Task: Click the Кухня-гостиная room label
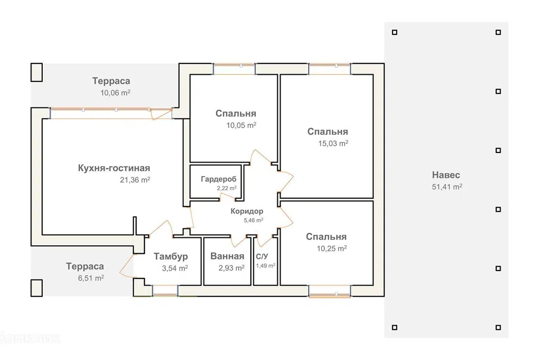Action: (x=114, y=168)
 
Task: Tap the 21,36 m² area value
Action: (x=135, y=179)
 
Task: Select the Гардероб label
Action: (x=219, y=179)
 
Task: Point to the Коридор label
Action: (x=247, y=211)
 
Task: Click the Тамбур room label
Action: (x=171, y=256)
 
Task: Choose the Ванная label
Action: (x=227, y=256)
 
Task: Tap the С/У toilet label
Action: (x=262, y=256)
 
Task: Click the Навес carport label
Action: (x=446, y=175)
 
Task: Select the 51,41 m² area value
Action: (x=447, y=187)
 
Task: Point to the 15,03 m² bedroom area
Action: (x=333, y=143)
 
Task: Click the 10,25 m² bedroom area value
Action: (x=332, y=249)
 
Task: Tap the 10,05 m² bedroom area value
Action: (x=241, y=125)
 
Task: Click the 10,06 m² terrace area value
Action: (x=115, y=93)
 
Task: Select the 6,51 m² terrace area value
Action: (x=91, y=278)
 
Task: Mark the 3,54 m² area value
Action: (x=175, y=268)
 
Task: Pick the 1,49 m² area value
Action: (x=265, y=265)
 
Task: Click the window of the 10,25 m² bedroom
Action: (x=330, y=291)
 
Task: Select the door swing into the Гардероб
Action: (x=228, y=197)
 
